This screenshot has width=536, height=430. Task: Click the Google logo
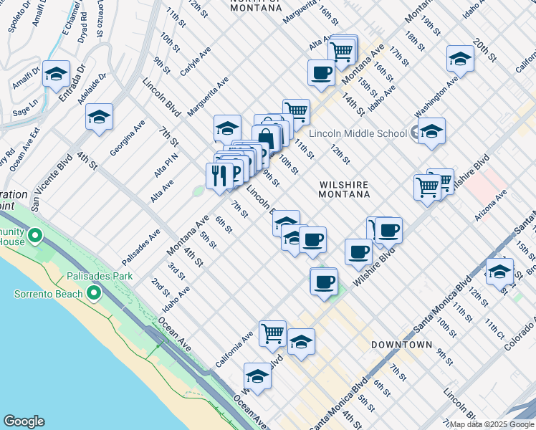[24, 421]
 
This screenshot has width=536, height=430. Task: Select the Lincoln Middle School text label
[357, 133]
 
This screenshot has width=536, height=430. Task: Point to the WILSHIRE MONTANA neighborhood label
[344, 189]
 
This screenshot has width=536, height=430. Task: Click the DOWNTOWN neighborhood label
[401, 345]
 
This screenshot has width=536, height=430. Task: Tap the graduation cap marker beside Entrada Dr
[56, 74]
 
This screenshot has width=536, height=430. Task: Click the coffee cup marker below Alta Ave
[321, 72]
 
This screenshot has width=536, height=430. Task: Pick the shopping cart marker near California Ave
[272, 333]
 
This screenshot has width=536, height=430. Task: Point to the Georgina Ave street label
[128, 138]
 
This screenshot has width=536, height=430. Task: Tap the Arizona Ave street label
[490, 204]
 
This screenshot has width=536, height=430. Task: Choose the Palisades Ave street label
[140, 246]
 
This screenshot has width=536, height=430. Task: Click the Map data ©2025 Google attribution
[490, 424]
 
